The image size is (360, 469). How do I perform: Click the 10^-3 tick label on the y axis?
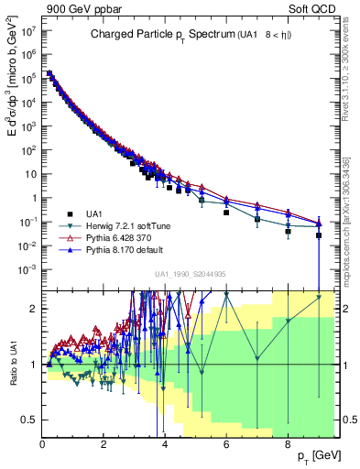coord(27,268)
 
